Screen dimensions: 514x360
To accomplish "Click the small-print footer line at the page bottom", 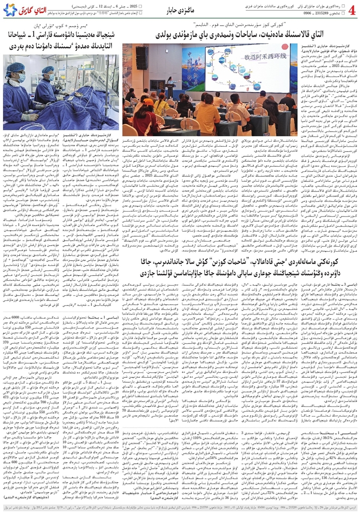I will coord(180,510).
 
